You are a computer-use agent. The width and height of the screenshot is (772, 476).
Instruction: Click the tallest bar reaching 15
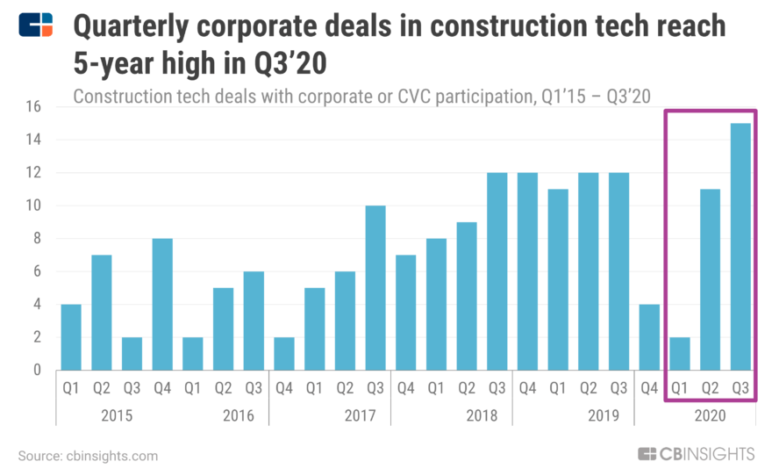[741, 247]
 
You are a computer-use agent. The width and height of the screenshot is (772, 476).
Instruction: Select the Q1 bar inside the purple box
[680, 353]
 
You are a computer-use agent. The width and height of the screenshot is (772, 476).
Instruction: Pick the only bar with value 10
[375, 288]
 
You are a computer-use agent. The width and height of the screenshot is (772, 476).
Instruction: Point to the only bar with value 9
[467, 296]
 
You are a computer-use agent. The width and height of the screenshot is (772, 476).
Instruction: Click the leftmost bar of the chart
[71, 337]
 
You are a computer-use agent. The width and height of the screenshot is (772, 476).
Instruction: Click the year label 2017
[330, 415]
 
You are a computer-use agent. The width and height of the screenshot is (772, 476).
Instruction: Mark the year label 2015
[117, 415]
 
